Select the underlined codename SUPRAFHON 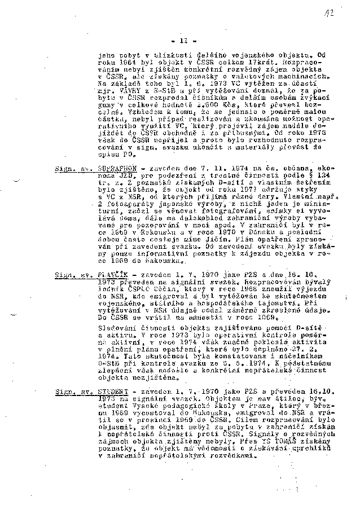pos(120,168)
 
